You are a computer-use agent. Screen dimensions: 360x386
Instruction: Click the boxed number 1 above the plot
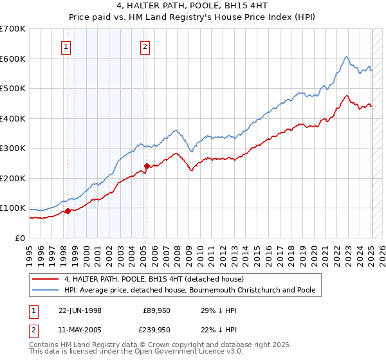point(67,46)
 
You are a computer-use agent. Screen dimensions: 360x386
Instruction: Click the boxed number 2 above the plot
point(145,46)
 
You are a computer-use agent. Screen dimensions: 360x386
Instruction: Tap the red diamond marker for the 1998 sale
point(68,211)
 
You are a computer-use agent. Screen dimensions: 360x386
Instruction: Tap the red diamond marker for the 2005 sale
point(147,166)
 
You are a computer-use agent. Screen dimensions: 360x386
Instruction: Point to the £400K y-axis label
point(13,118)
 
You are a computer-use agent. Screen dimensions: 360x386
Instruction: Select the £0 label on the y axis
point(19,238)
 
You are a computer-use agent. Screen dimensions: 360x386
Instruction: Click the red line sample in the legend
point(47,280)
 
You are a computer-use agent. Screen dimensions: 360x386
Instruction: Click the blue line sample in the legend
point(47,290)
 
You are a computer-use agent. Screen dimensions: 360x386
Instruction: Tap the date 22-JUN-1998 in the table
point(80,310)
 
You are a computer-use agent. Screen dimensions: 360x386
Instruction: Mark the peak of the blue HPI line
point(346,57)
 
